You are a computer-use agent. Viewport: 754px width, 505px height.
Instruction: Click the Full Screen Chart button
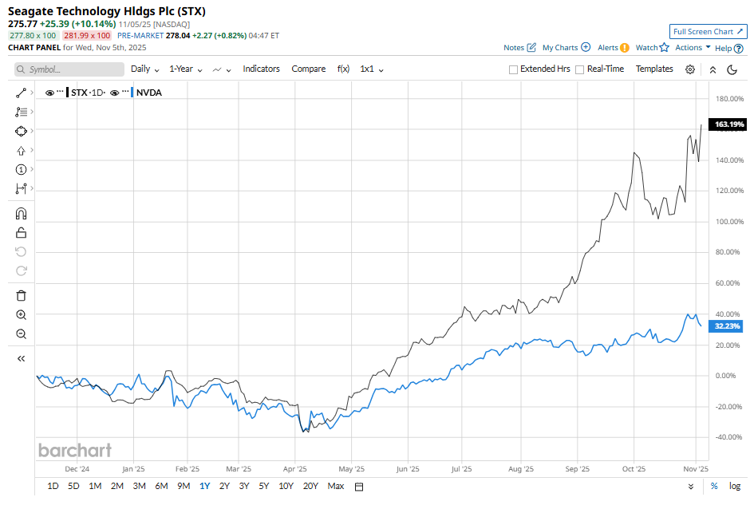click(709, 32)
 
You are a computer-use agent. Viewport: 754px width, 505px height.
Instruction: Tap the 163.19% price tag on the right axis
click(728, 124)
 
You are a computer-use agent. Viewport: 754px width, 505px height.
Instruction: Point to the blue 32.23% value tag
click(728, 326)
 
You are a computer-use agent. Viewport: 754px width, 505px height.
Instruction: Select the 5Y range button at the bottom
click(263, 486)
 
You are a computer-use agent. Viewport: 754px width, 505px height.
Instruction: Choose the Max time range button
click(335, 486)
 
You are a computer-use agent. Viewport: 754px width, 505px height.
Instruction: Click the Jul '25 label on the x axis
click(461, 469)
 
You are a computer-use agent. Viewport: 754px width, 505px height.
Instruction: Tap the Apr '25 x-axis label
click(295, 469)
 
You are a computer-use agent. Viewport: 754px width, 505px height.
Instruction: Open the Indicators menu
click(261, 69)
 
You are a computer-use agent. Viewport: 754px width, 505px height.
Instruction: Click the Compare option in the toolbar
click(308, 69)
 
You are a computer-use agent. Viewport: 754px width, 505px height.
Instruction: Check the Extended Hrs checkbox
click(514, 69)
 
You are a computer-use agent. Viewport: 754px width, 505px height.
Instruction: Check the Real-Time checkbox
click(579, 69)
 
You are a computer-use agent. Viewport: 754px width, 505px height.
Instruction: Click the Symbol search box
click(69, 69)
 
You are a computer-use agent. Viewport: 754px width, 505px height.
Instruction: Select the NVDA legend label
click(149, 93)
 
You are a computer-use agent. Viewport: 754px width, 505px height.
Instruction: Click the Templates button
click(654, 69)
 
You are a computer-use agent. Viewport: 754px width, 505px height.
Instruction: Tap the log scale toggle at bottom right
click(735, 486)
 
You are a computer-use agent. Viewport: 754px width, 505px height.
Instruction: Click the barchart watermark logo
click(75, 450)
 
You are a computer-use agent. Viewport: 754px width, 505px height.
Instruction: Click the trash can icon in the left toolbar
click(22, 295)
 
